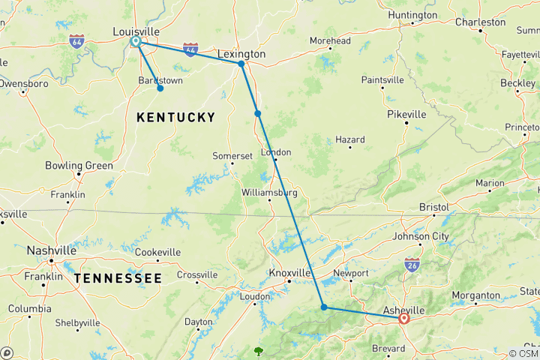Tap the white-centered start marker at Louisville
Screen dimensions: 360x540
coord(136,42)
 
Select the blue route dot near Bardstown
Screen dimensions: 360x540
coord(160,88)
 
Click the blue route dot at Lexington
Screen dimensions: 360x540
coord(241,64)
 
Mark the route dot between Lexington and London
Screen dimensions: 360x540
coord(257,113)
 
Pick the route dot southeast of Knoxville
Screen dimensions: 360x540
coord(323,307)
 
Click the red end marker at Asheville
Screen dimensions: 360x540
coord(404,318)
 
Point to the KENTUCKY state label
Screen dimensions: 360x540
coord(175,117)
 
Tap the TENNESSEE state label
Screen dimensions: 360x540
coord(118,278)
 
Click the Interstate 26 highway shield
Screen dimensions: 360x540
coord(411,264)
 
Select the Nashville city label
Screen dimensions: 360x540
coord(51,250)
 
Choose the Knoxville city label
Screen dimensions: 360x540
coord(290,273)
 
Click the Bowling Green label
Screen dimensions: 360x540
coord(79,165)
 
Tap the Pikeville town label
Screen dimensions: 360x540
coord(406,114)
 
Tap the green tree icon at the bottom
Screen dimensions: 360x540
coord(259,350)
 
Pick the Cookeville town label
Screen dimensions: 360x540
coord(158,252)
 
